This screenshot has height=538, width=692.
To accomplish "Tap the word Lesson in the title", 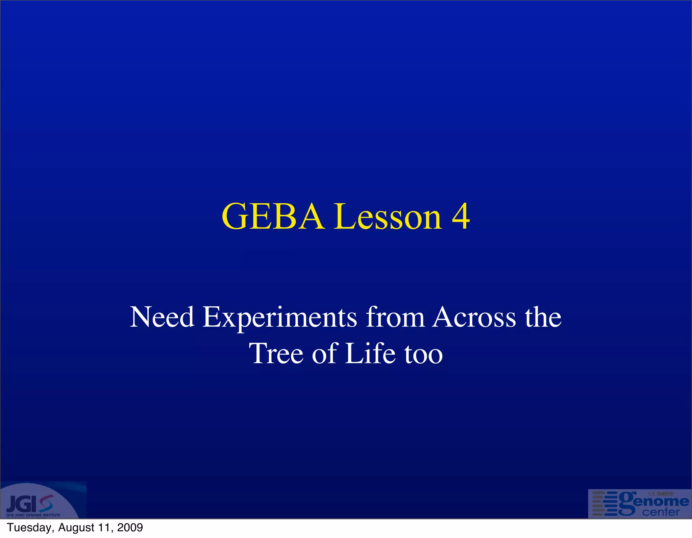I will pyautogui.click(x=388, y=217).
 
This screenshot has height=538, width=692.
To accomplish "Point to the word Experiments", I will pyautogui.click(x=280, y=317).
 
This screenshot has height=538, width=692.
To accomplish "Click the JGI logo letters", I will pyautogui.click(x=22, y=504).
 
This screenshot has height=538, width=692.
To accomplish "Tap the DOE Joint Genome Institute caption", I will pyautogui.click(x=33, y=515).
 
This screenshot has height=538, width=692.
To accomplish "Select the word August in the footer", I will pyautogui.click(x=76, y=528).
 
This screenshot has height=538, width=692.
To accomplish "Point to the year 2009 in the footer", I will pyautogui.click(x=130, y=527).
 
